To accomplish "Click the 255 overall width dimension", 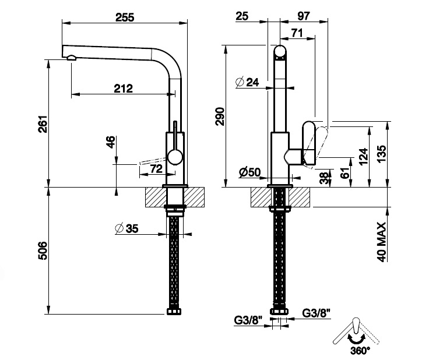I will point(125,17).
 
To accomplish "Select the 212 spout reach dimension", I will point(124,89).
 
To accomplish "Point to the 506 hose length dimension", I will point(42,250).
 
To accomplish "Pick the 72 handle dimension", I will point(156,169).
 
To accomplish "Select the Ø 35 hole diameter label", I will point(126,228).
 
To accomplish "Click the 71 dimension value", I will point(297,34).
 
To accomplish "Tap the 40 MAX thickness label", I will point(382,241).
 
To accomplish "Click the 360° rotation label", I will point(361,351).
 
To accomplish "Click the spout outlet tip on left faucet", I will point(70,57).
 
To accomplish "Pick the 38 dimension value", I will point(324,177).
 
